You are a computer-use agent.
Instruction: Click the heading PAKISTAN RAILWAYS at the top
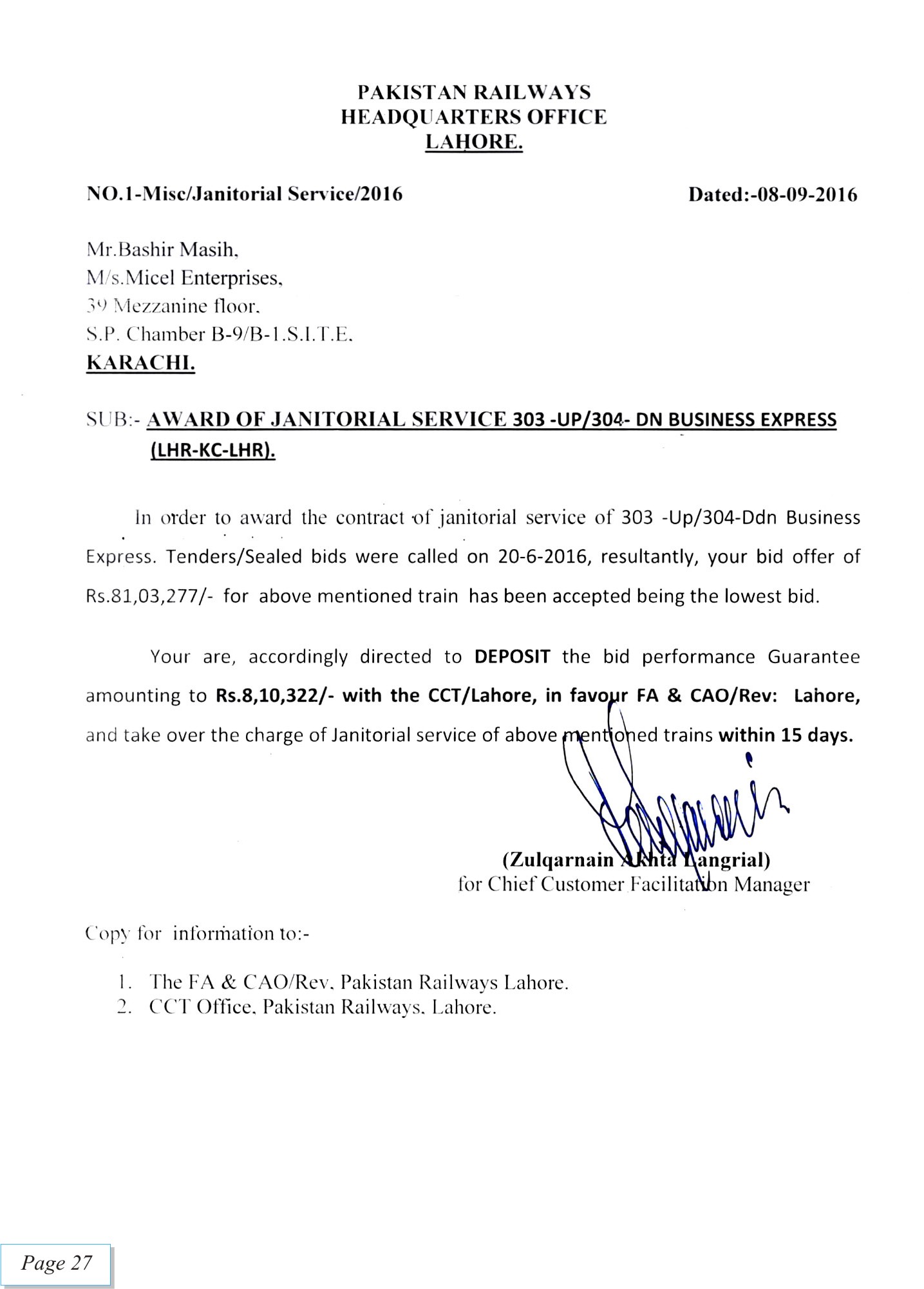[x=474, y=93]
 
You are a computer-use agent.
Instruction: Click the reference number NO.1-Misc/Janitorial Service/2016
[x=245, y=194]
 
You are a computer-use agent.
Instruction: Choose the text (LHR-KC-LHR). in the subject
[x=212, y=451]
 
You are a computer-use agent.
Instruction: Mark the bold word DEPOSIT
[x=512, y=657]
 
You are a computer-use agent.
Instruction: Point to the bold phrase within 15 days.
[x=786, y=735]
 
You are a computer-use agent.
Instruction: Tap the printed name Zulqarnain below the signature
[x=558, y=860]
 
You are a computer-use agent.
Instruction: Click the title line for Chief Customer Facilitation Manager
[x=634, y=884]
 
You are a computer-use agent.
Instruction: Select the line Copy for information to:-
[x=198, y=933]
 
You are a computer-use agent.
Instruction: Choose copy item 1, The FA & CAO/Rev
[x=358, y=983]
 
